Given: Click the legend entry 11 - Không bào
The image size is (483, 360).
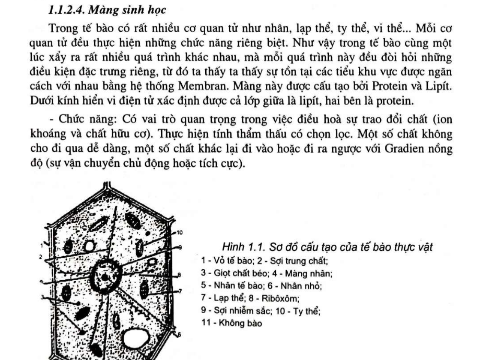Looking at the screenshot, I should pos(231,323).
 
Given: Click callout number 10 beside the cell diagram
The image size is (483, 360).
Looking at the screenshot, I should pos(180,233).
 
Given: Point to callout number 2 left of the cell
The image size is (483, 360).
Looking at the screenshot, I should pos(40,257).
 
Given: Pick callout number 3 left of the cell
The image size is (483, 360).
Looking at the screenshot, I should pos(42,297).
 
